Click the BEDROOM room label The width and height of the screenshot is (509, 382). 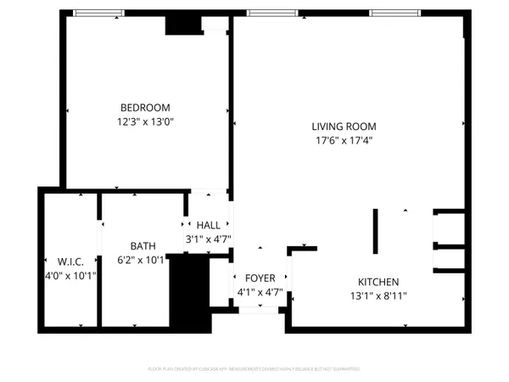pyautogui.click(x=145, y=108)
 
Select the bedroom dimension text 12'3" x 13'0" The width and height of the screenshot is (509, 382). pyautogui.click(x=145, y=121)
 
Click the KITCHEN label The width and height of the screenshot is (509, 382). pyautogui.click(x=378, y=282)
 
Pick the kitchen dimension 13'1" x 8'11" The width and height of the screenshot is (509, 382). pyautogui.click(x=378, y=296)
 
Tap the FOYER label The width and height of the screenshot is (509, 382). pyautogui.click(x=260, y=278)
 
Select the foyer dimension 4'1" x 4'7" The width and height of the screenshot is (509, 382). pyautogui.click(x=260, y=293)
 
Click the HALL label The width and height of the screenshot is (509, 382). pyautogui.click(x=208, y=225)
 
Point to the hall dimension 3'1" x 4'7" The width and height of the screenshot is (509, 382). pyautogui.click(x=208, y=239)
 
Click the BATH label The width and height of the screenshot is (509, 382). pyautogui.click(x=143, y=246)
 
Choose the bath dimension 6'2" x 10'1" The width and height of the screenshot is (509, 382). pyautogui.click(x=143, y=261)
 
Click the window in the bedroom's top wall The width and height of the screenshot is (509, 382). pyautogui.click(x=97, y=14)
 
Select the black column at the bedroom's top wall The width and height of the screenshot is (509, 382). pyautogui.click(x=180, y=24)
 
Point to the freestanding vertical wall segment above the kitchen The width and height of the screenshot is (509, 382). pyautogui.click(x=375, y=232)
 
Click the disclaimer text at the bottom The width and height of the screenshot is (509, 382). pyautogui.click(x=254, y=369)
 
